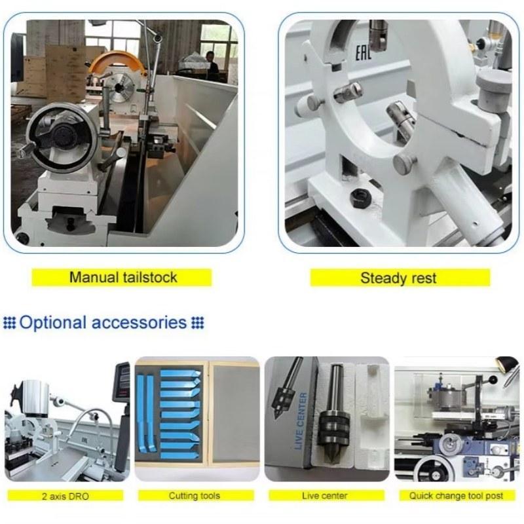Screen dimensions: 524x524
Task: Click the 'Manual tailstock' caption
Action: (x=123, y=277)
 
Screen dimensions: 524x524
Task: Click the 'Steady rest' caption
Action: (x=399, y=278)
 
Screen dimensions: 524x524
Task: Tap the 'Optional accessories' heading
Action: (x=103, y=322)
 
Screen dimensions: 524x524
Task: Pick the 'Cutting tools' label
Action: (x=195, y=496)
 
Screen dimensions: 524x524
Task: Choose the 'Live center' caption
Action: (x=325, y=496)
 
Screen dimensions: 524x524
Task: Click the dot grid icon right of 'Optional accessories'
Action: (x=197, y=323)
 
